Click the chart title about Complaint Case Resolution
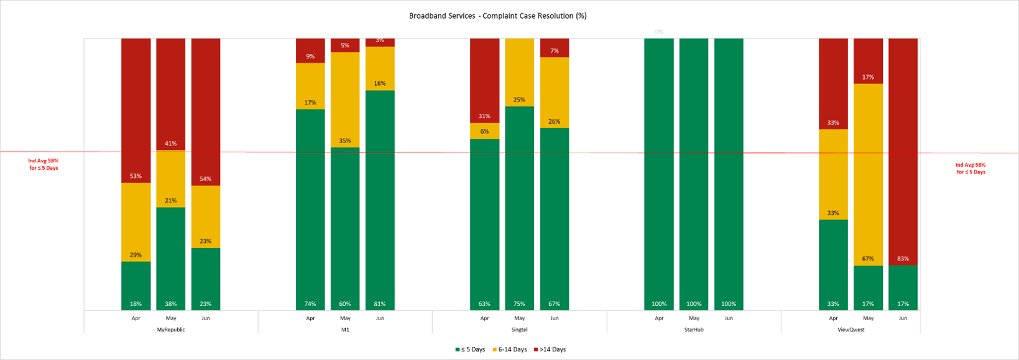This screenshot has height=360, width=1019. [497, 16]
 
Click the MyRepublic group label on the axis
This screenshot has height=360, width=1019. [171, 330]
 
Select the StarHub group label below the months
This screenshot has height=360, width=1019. [694, 330]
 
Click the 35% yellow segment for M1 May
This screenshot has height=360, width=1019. [345, 99]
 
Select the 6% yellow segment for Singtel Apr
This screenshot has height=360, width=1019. [484, 131]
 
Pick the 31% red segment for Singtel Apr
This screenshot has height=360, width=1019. [484, 81]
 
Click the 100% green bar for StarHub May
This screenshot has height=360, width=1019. [694, 174]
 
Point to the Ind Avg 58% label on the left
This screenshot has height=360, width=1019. [44, 164]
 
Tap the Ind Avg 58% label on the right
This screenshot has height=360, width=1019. [971, 168]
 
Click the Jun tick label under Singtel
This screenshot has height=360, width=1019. [554, 318]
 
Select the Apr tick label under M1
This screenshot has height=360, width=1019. [310, 318]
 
